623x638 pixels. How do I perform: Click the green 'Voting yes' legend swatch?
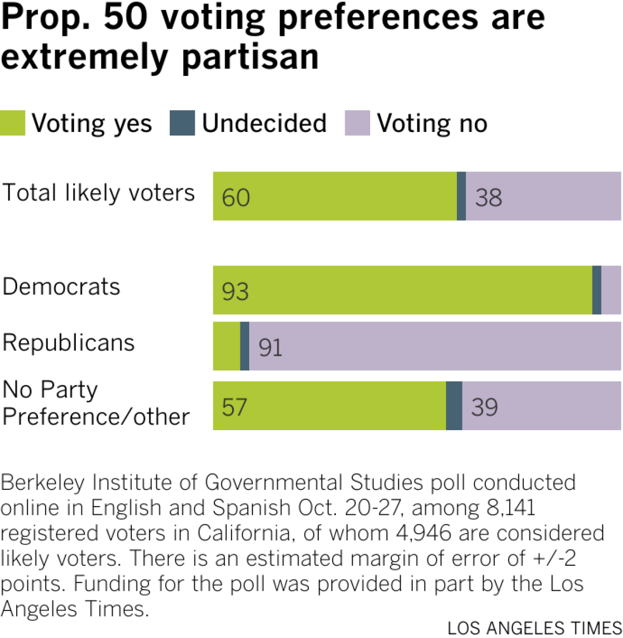pos(12,123)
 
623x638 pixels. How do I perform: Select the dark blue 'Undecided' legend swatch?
pos(182,123)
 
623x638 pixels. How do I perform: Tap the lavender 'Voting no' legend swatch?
pos(357,123)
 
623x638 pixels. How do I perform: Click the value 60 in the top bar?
pos(236,198)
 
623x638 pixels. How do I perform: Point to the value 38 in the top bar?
pos(489,198)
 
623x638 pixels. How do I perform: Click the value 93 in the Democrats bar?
pos(235,292)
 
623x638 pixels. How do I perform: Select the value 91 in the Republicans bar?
pos(270,348)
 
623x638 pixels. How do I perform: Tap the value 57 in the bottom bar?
pos(235,407)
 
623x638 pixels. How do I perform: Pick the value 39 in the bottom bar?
pos(484,407)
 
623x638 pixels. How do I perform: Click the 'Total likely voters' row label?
pos(99,193)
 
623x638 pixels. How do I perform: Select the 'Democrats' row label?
pos(61,287)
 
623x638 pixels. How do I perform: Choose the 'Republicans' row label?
pos(69,343)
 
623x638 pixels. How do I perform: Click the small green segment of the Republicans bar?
pos(226,346)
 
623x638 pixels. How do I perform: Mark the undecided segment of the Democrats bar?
pos(597,290)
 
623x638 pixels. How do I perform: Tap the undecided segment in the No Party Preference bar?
pos(454,406)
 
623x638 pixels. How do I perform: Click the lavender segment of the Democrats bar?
pos(611,290)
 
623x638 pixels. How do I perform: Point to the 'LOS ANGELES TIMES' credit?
pos(534,628)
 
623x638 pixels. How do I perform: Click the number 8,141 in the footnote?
pos(511,508)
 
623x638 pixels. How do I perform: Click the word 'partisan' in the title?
pos(250,57)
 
